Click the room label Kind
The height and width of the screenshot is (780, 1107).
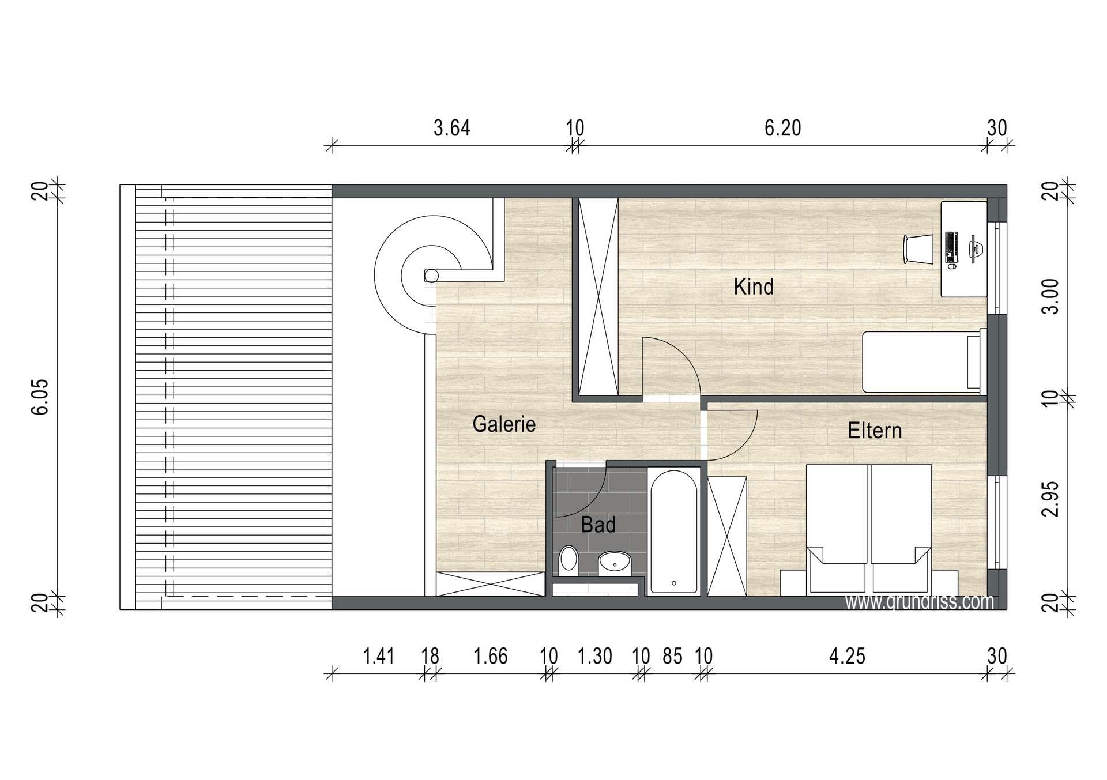[753, 287]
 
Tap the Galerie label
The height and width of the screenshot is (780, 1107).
[504, 424]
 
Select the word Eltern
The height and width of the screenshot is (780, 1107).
[875, 431]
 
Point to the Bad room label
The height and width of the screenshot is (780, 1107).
[598, 525]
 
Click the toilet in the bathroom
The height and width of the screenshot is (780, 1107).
[568, 561]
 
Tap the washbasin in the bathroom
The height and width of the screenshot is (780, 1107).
[615, 563]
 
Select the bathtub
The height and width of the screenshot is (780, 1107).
[673, 532]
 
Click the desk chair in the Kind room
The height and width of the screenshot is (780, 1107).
[918, 249]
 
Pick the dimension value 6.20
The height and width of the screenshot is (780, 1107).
[782, 128]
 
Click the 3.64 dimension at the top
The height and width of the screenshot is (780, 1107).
[451, 128]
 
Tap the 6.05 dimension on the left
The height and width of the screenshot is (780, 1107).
[40, 397]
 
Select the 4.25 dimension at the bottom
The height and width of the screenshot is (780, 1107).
[847, 656]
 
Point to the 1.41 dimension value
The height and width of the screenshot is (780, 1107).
[378, 656]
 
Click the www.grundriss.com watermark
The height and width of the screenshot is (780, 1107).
[920, 602]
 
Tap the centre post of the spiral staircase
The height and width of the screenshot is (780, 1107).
[431, 276]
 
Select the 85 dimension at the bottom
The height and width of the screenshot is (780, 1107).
[672, 656]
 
